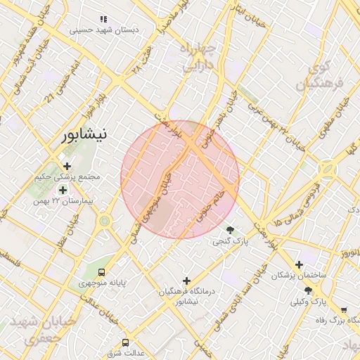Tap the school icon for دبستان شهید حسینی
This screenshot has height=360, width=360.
(x=103, y=19)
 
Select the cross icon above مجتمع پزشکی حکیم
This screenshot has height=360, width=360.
(x=67, y=167)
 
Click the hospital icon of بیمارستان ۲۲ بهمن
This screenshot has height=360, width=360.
(x=63, y=190)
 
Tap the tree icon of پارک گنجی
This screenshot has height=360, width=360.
(x=231, y=230)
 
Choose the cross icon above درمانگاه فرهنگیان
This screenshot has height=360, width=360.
(x=186, y=281)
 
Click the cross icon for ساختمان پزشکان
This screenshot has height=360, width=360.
(x=300, y=265)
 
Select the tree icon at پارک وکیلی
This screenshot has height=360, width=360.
(x=309, y=290)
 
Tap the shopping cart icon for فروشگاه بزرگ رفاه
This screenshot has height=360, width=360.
(x=343, y=309)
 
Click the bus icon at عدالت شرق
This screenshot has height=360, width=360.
(x=125, y=342)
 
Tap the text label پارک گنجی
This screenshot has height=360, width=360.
(x=231, y=241)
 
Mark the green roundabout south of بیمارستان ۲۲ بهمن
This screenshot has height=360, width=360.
(x=105, y=221)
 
